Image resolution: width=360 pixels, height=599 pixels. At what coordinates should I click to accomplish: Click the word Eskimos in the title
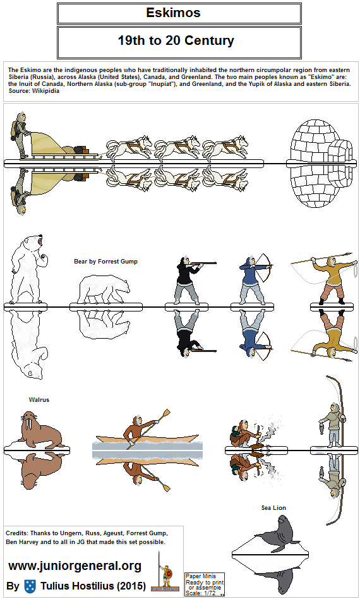(x=173, y=13)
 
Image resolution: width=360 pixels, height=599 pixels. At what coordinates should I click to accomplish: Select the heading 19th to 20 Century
(x=176, y=40)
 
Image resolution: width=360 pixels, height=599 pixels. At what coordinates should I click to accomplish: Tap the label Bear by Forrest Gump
(x=105, y=262)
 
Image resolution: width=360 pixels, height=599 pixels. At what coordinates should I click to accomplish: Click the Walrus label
(x=39, y=399)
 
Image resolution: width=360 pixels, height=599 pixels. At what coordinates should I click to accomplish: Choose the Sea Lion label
(x=273, y=508)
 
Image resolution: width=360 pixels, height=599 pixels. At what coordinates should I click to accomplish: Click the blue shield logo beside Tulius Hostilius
(x=30, y=586)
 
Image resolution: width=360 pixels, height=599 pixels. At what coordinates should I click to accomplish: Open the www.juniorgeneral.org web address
(x=75, y=566)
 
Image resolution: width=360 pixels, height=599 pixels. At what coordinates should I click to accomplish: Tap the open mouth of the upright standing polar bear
(x=39, y=242)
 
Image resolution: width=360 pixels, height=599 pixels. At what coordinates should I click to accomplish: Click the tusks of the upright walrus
(x=28, y=425)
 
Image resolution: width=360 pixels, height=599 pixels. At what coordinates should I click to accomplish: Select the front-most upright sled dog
(x=226, y=147)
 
